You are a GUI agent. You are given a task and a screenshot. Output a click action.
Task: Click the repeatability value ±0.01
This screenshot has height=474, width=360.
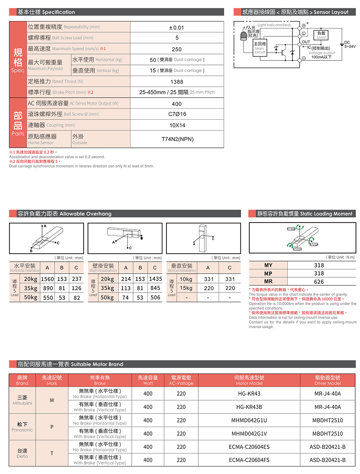[177, 28]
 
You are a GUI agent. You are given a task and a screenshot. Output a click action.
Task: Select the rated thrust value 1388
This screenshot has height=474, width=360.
[177, 82]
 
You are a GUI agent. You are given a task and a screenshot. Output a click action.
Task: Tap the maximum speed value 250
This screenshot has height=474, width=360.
[177, 49]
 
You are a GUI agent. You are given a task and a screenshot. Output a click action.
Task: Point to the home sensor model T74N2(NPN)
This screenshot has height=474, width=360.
[177, 139]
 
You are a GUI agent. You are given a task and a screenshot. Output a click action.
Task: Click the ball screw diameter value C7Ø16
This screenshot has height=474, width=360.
[177, 114]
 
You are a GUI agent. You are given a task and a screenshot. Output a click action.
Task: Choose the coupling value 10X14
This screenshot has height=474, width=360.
[177, 125]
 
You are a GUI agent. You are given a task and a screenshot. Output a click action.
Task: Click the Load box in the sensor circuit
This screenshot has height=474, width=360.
[321, 35]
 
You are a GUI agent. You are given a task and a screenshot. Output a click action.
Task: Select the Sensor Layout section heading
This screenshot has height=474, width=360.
[295, 12]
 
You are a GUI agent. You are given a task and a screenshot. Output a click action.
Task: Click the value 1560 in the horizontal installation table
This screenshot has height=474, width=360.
[47, 279]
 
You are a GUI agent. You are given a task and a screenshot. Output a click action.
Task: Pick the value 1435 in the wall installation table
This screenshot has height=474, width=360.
[156, 279]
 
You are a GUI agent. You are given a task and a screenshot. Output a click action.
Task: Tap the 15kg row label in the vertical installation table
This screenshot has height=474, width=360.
[186, 288]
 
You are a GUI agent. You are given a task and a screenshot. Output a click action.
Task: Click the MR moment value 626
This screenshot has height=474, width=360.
[319, 282]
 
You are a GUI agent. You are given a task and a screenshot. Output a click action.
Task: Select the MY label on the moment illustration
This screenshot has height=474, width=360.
[291, 229]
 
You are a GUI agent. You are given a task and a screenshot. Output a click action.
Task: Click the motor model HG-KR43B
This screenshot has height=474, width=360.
[249, 407]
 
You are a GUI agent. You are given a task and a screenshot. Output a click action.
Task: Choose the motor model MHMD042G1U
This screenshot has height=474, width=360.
[249, 420]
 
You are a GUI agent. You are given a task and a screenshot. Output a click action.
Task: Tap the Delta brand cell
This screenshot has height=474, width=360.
[22, 453]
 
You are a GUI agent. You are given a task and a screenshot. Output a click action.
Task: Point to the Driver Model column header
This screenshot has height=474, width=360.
[327, 380]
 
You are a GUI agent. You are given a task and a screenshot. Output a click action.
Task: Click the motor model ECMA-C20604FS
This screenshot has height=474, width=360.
[249, 460]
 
